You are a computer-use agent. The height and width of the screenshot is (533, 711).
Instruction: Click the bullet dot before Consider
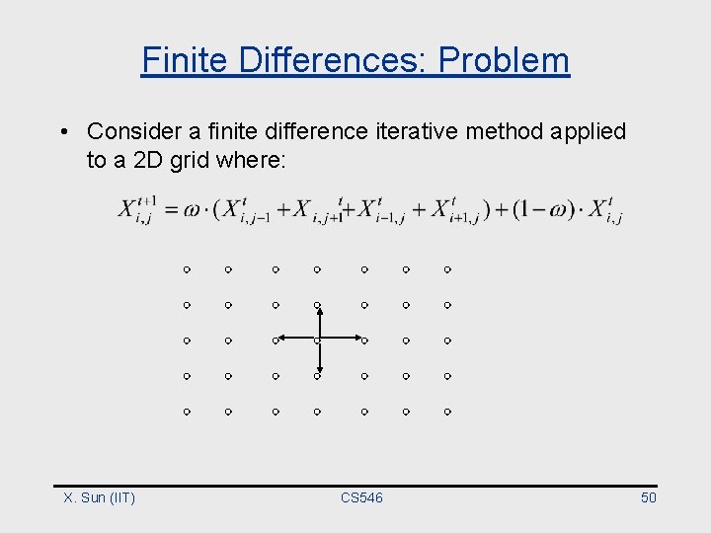[62, 132]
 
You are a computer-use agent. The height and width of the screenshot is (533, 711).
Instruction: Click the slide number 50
[648, 497]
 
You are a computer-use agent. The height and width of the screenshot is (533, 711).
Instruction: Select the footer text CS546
[361, 497]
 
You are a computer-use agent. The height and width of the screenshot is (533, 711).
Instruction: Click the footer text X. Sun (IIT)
[99, 497]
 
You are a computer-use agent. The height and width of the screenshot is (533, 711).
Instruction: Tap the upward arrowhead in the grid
[318, 309]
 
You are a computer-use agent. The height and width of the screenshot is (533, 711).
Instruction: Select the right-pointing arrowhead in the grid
[357, 340]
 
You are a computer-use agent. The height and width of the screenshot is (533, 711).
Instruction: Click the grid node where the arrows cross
[318, 341]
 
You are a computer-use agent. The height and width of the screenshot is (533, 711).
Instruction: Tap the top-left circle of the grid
[186, 268]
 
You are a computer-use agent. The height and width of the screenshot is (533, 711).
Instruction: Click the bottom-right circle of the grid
[447, 411]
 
